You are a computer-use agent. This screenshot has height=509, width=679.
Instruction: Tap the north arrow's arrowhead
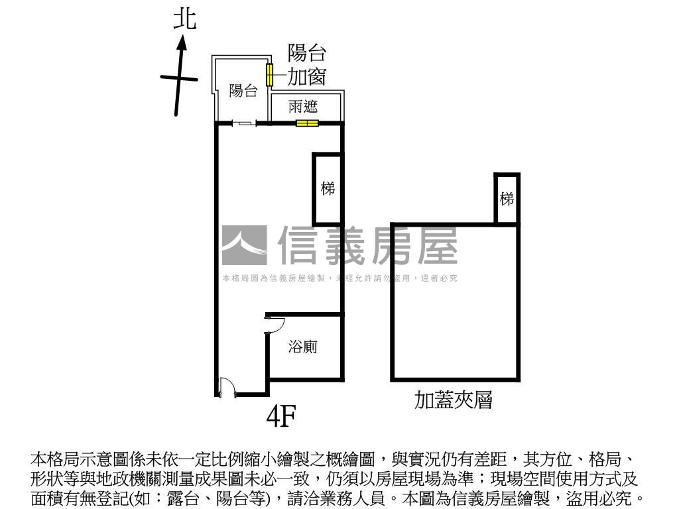[182, 43]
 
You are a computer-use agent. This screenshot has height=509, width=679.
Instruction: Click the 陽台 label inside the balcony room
[243, 91]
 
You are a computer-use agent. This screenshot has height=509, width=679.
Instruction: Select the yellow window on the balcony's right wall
[270, 74]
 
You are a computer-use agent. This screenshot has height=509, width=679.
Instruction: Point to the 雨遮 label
[303, 106]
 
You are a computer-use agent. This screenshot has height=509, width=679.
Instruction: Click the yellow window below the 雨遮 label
[307, 123]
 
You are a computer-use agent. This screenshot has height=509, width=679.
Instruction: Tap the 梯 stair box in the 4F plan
[328, 189]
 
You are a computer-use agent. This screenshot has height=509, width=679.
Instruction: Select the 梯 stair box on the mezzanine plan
[507, 199]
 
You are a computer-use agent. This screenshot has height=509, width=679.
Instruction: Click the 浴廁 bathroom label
[303, 346]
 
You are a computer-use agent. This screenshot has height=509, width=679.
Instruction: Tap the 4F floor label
[280, 416]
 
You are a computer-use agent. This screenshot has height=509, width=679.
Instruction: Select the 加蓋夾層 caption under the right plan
[454, 400]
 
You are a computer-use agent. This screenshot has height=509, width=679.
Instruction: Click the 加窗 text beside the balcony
[306, 78]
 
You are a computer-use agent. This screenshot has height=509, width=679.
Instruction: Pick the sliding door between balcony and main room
[245, 123]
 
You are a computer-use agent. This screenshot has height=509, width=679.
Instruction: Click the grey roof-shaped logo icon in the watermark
[244, 246]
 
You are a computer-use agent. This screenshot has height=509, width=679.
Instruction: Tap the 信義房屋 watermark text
[367, 245]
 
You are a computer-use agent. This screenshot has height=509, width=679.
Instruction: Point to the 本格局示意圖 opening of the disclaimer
[69, 459]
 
